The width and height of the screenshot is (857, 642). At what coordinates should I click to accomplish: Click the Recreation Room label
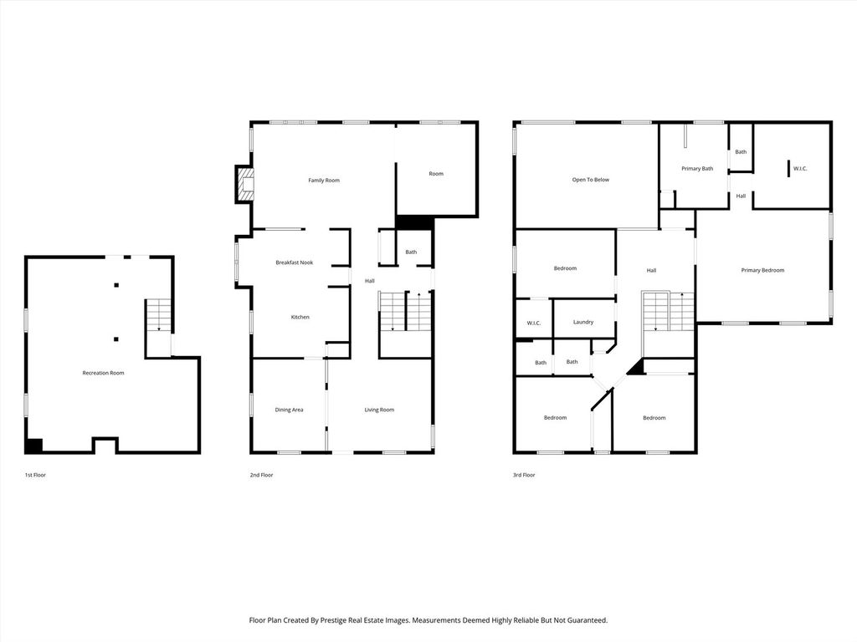[x=103, y=373]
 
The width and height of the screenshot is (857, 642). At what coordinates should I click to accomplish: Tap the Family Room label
[x=324, y=181]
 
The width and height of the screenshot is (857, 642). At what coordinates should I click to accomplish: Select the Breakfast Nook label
[x=294, y=262]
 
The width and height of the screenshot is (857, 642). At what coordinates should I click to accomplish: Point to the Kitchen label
[x=300, y=317]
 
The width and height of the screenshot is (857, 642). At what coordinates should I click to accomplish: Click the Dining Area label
[x=289, y=410]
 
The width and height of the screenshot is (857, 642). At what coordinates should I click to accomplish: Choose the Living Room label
[x=379, y=410]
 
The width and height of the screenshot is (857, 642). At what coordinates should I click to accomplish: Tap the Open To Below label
[x=590, y=180]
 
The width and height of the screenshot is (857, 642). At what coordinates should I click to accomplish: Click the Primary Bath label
[x=697, y=169]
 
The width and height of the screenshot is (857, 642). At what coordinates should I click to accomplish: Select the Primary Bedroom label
[x=762, y=270]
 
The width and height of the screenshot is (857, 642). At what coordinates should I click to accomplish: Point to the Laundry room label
[x=583, y=322]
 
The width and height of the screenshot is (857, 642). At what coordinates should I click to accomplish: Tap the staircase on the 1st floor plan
[x=158, y=315]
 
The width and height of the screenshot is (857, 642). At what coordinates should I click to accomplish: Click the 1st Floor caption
[x=35, y=475]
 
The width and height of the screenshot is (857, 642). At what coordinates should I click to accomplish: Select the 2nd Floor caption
[x=261, y=475]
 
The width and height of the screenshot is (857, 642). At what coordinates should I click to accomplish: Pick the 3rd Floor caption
[x=524, y=475]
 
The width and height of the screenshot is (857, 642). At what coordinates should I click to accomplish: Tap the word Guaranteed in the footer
[x=583, y=620]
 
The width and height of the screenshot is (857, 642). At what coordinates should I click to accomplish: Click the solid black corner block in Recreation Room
[x=33, y=446]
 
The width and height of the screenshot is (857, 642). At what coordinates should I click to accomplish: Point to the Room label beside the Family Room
[x=436, y=174]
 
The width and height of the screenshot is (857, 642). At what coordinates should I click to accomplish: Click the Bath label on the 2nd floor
[x=411, y=252]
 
